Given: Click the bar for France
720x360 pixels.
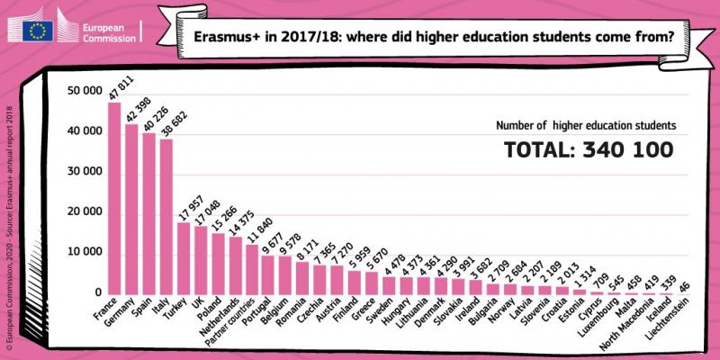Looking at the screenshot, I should [x=114, y=198].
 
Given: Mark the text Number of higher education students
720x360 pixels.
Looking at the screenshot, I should [x=585, y=125].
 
